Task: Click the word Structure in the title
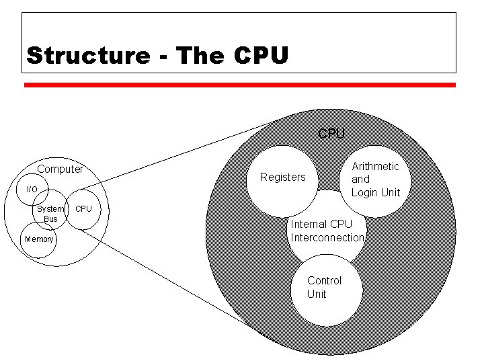pos(87,55)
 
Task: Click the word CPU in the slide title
pos(261,55)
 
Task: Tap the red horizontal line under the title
pos(240,85)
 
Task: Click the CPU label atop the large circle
pos(331,134)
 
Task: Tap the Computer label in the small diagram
pos(60,169)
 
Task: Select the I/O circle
pos(32,190)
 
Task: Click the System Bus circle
pos(50,214)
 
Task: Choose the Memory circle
pos(38,240)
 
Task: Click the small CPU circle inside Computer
pos(83,209)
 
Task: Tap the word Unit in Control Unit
pos(317,294)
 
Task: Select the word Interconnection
pos(327,237)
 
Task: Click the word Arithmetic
pos(376,166)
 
